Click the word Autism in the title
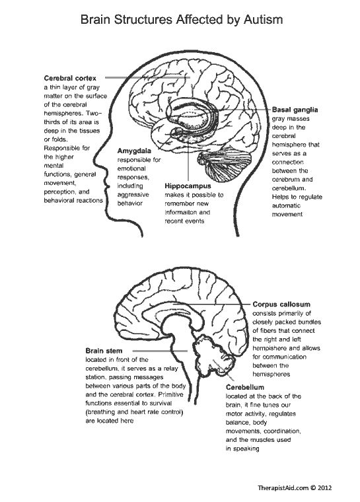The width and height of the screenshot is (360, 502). click(x=263, y=20)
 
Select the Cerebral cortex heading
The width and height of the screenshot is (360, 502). click(x=70, y=78)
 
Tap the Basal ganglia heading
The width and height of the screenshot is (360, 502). click(x=295, y=110)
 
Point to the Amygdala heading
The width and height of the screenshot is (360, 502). click(x=134, y=151)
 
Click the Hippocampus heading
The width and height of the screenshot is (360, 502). click(x=188, y=186)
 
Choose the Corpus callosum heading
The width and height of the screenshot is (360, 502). click(x=281, y=305)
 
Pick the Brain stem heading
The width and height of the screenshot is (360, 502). click(x=104, y=351)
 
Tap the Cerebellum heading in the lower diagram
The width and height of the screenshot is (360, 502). click(x=244, y=387)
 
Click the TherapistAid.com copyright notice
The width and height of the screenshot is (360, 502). click(x=295, y=488)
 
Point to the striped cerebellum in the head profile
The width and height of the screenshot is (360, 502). click(x=223, y=164)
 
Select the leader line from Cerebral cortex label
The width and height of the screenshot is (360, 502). click(x=148, y=77)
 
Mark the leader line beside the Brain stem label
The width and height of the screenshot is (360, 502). click(x=160, y=351)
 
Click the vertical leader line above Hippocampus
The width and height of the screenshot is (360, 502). click(x=188, y=163)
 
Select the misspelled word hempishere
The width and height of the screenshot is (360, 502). click(x=269, y=348)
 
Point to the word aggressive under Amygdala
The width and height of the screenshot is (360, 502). click(x=133, y=195)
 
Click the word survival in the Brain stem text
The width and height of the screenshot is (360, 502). click(x=160, y=404)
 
